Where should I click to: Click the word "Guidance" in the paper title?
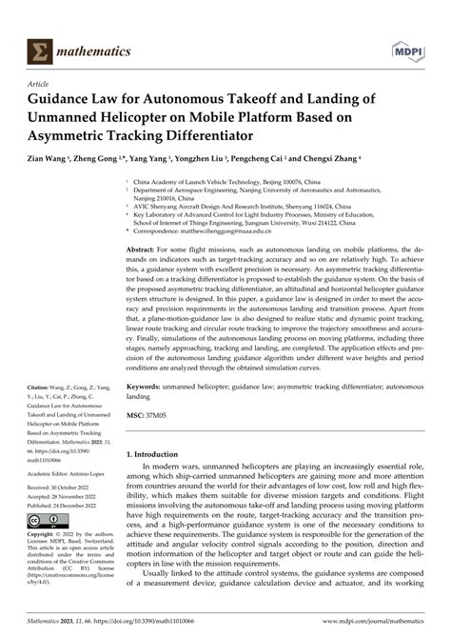(73, 98)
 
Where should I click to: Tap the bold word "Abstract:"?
(145, 249)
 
